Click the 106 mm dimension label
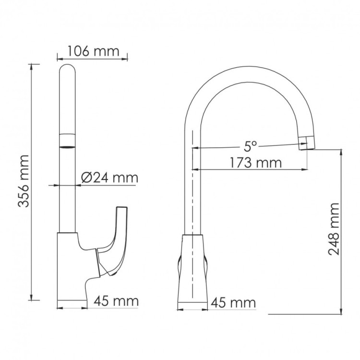(x=93, y=51)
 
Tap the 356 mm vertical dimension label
(x=24, y=181)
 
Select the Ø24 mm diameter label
(x=109, y=178)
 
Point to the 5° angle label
(x=248, y=144)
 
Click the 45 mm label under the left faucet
(x=116, y=301)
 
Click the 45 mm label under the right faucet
(x=233, y=303)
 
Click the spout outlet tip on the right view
(x=306, y=143)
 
